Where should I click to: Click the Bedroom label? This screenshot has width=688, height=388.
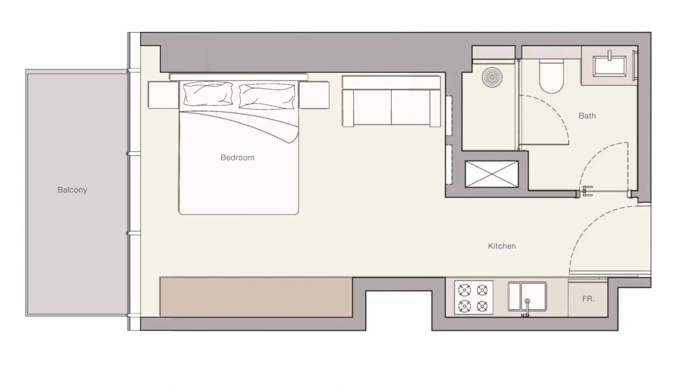pyautogui.click(x=237, y=157)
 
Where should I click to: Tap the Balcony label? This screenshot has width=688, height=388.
pyautogui.click(x=72, y=189)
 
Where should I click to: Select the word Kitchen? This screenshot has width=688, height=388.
pyautogui.click(x=502, y=246)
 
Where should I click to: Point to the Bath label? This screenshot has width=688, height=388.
pyautogui.click(x=587, y=116)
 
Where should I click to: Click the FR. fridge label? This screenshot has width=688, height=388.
pyautogui.click(x=588, y=299)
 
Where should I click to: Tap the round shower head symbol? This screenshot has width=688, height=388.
pyautogui.click(x=492, y=77)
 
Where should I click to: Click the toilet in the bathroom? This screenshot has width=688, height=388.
pyautogui.click(x=552, y=76)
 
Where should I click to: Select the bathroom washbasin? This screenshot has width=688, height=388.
pyautogui.click(x=610, y=65)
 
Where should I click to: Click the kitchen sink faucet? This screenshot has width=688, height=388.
pyautogui.click(x=527, y=307)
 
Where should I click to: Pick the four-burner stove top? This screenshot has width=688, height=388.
pyautogui.click(x=473, y=297)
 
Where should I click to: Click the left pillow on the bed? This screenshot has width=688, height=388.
pyautogui.click(x=208, y=94)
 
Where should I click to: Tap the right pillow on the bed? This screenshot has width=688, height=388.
pyautogui.click(x=267, y=96)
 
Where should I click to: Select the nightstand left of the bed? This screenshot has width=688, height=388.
pyautogui.click(x=163, y=95)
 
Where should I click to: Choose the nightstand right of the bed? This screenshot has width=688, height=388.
pyautogui.click(x=314, y=95)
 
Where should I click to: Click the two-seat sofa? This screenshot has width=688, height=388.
pyautogui.click(x=391, y=101)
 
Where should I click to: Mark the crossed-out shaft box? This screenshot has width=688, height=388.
pyautogui.click(x=492, y=174)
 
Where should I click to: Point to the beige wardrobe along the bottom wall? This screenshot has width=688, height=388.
pyautogui.click(x=256, y=297)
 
